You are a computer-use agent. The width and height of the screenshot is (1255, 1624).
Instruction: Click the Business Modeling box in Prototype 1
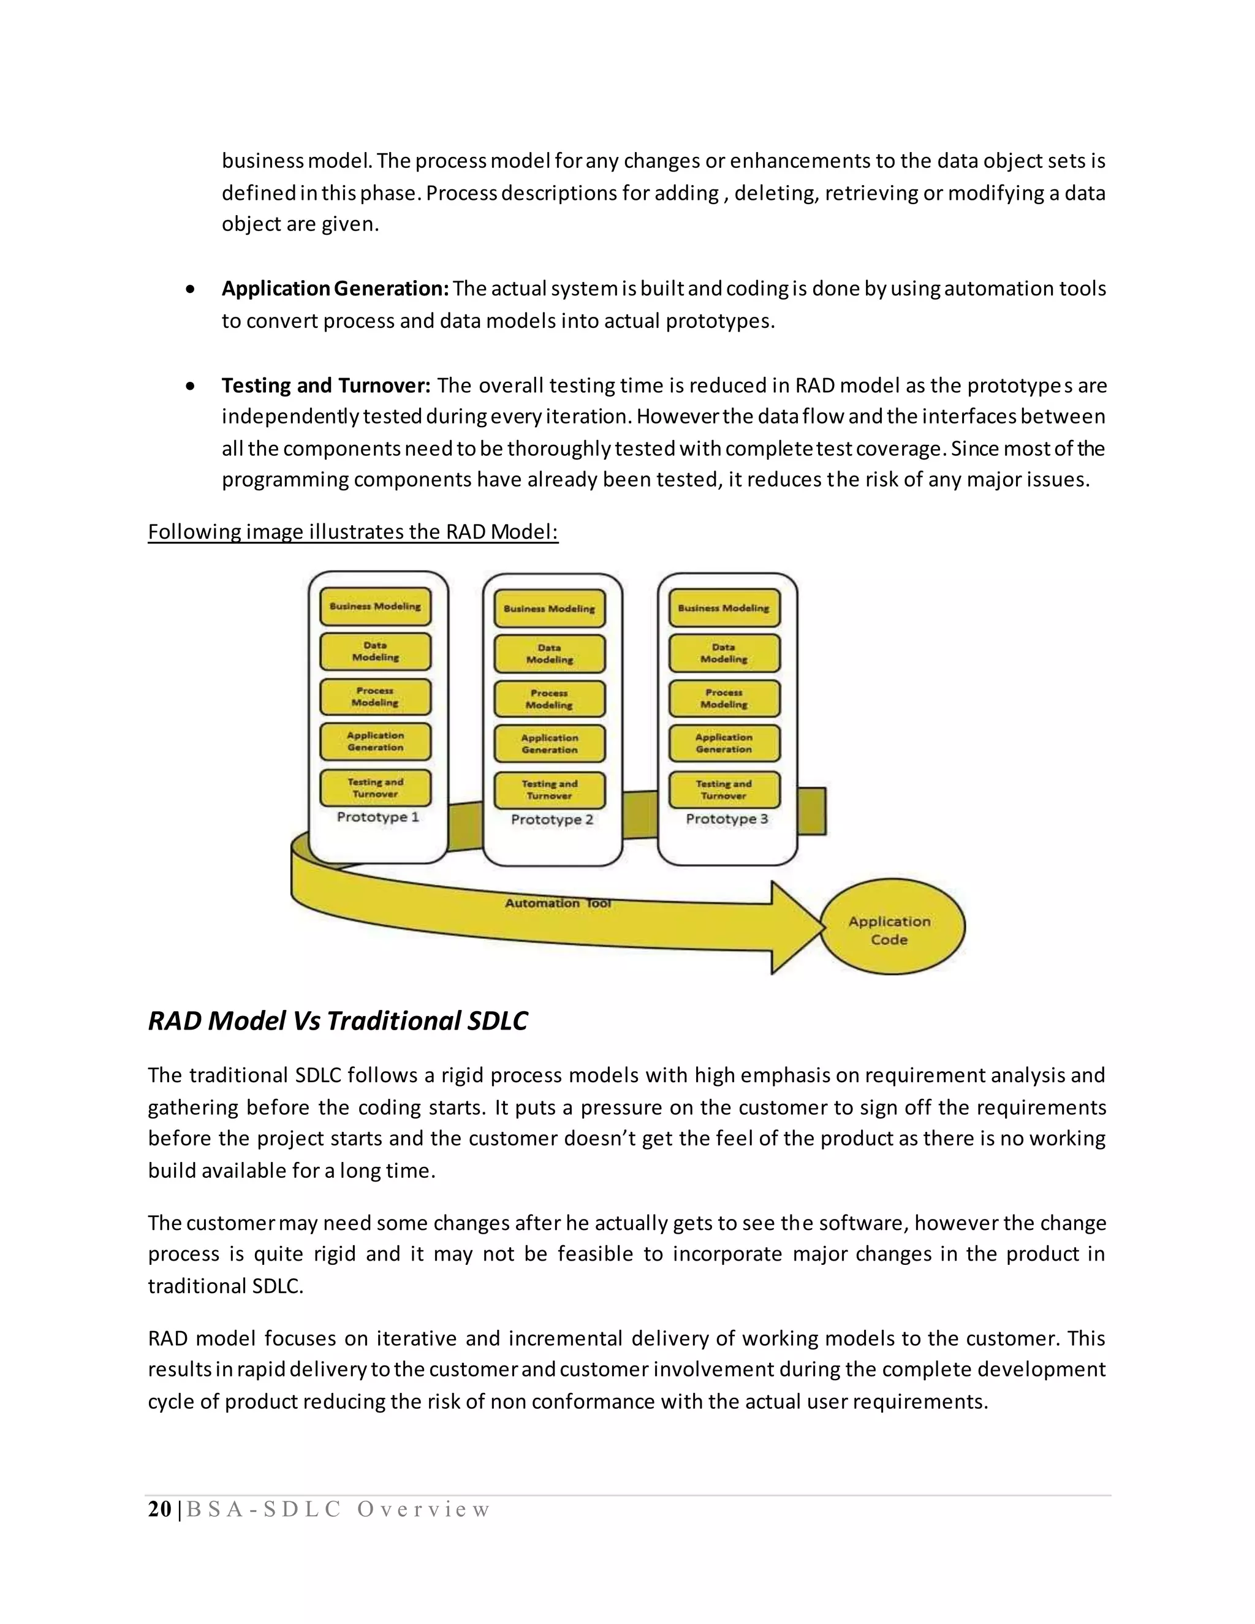tap(376, 607)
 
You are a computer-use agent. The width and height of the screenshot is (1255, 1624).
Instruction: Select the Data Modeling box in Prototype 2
tap(550, 654)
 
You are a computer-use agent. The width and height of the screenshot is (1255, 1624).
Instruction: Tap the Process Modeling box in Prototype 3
tap(724, 698)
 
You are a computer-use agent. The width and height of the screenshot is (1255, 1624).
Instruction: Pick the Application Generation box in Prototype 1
tap(376, 742)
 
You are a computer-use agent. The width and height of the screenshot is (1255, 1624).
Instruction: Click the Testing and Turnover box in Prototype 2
tap(550, 790)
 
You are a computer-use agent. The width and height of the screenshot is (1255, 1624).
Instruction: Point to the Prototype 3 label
tap(726, 819)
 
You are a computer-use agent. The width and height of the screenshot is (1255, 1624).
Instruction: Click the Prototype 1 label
tap(377, 816)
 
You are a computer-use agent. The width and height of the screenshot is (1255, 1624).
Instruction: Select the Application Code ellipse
tap(890, 928)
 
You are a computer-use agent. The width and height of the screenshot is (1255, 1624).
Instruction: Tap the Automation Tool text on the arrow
tap(558, 903)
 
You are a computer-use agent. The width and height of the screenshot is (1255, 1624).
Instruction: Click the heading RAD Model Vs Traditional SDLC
tap(338, 1021)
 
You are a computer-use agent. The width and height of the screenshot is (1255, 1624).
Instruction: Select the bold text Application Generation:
tap(335, 289)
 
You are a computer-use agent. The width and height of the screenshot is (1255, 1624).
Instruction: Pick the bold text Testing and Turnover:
tap(325, 385)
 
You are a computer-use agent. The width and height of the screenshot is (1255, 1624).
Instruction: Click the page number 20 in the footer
tap(159, 1509)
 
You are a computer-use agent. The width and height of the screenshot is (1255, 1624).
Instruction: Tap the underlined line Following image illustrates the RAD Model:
tap(352, 532)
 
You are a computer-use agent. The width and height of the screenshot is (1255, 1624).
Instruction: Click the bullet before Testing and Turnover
tap(191, 386)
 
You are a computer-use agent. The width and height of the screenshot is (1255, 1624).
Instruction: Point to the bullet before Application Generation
tap(191, 289)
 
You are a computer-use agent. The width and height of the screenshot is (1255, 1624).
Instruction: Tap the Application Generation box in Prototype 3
tap(724, 743)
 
